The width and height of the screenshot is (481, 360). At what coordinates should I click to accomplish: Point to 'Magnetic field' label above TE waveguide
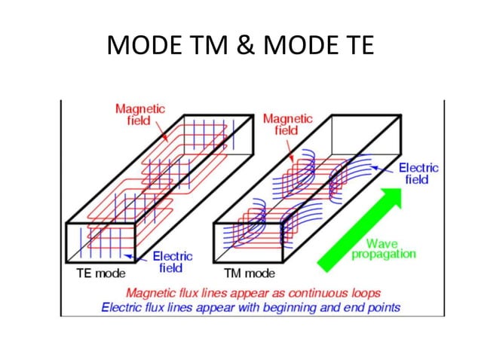click(x=140, y=114)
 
